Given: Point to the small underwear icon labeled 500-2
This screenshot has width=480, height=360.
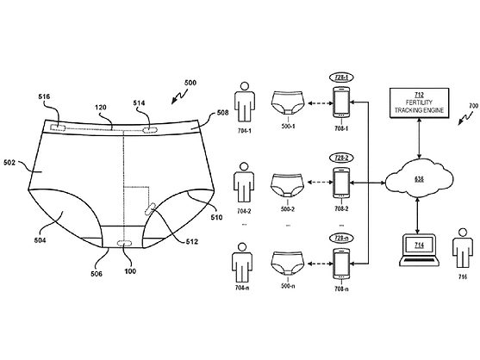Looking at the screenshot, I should coord(290,183).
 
